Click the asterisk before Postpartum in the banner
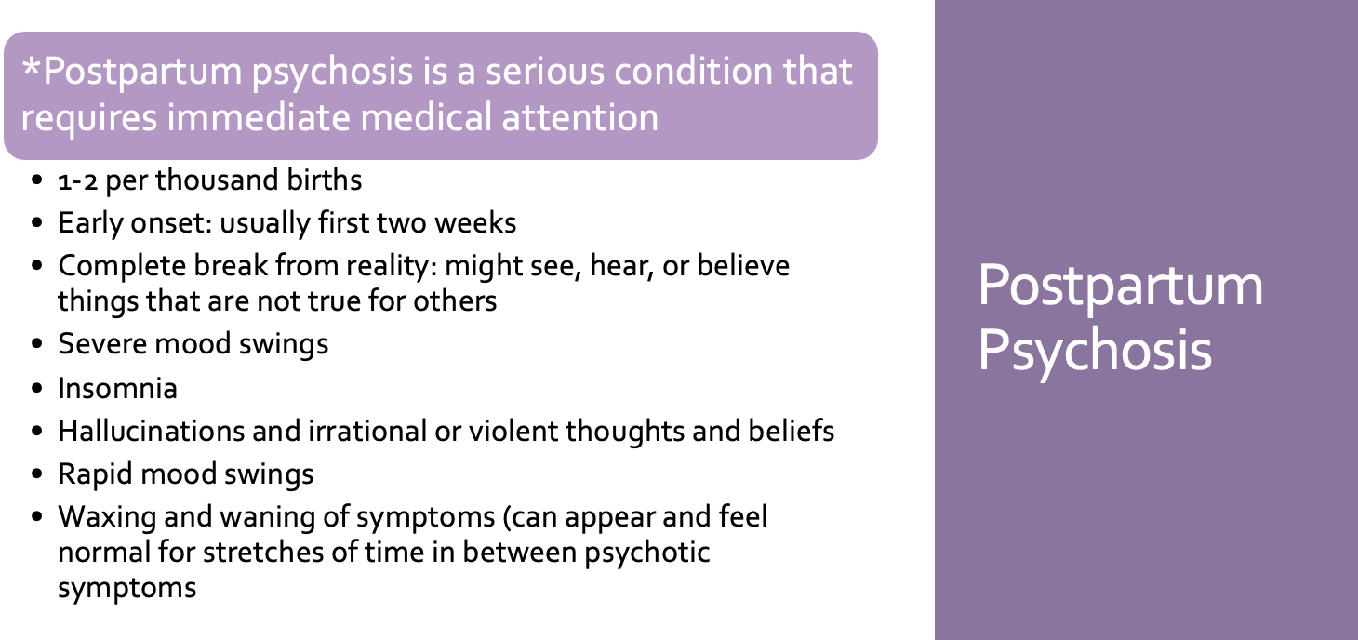click(32, 66)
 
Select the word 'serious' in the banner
click(544, 72)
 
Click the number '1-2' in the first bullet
click(77, 181)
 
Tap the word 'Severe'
click(102, 343)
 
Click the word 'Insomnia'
click(117, 388)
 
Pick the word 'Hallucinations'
click(151, 431)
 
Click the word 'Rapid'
click(95, 474)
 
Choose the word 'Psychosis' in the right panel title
click(1095, 351)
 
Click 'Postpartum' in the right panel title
click(1120, 286)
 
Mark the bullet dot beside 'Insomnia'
click(37, 388)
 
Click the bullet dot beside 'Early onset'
click(37, 222)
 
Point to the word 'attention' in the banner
click(579, 117)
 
